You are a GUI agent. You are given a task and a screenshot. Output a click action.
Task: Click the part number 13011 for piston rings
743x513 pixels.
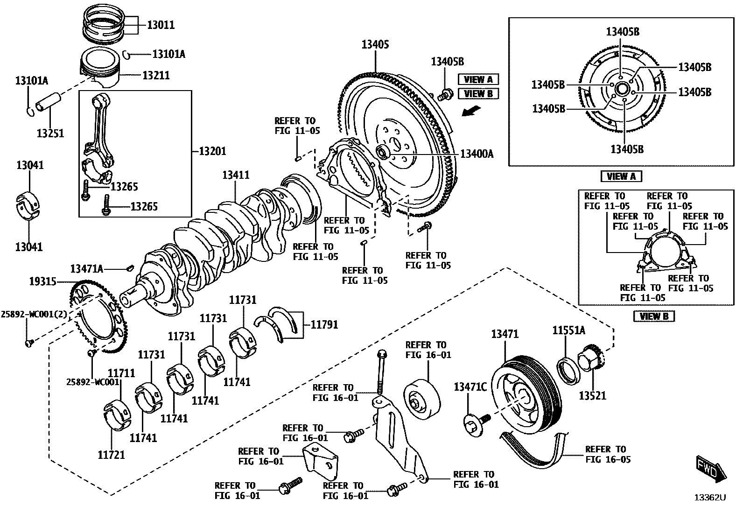click(x=161, y=25)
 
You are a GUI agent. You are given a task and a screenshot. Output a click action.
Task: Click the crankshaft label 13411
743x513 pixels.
click(x=236, y=175)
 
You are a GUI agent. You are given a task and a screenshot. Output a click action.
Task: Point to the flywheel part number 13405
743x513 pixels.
click(x=375, y=45)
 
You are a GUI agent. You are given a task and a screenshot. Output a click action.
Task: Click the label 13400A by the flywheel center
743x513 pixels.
click(x=477, y=154)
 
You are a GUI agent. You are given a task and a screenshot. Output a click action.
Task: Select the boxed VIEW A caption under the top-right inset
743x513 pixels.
click(x=621, y=176)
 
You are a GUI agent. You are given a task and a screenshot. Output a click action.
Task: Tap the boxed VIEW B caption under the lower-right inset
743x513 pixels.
click(x=654, y=316)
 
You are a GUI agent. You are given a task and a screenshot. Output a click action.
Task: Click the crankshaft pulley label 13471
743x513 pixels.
click(x=505, y=334)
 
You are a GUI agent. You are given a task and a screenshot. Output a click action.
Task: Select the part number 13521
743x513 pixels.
click(x=592, y=395)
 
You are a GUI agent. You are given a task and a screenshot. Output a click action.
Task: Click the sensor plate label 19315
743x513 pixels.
click(x=42, y=281)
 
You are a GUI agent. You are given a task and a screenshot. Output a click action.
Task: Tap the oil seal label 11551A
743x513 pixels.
click(x=568, y=330)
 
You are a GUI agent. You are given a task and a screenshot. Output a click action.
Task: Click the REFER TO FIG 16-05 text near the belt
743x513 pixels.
click(x=607, y=454)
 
